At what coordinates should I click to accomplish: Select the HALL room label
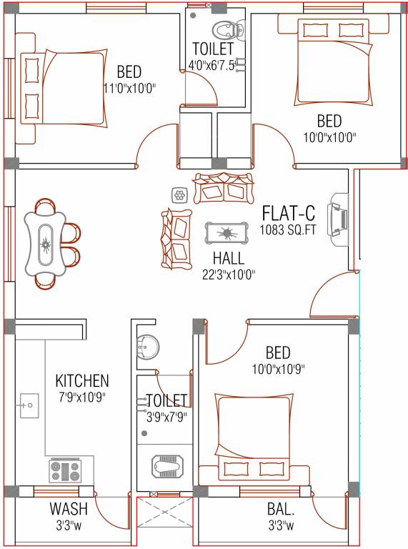click(228, 258)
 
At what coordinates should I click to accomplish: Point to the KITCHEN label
click(82, 380)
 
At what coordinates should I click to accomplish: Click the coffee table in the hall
click(227, 233)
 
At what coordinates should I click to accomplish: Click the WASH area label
click(69, 509)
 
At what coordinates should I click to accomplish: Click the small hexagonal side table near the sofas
click(179, 194)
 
